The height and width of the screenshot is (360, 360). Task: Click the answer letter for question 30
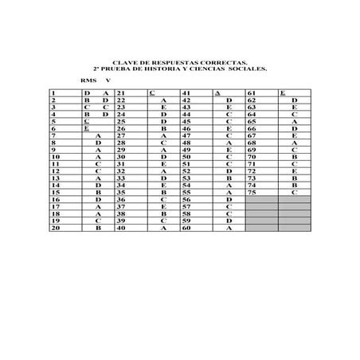tap(163, 157)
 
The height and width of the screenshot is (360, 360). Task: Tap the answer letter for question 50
tap(229, 157)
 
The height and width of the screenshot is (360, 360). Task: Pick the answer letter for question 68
tap(294, 143)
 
